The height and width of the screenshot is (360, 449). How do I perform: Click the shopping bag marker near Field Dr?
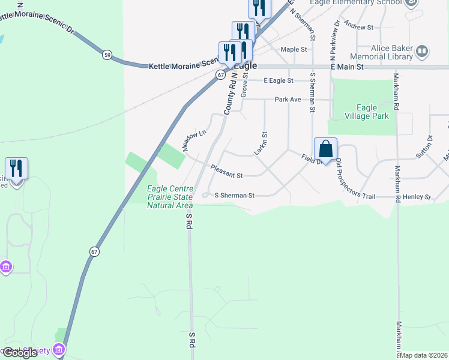(x=325, y=149)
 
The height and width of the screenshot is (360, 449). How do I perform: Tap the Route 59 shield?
(x=107, y=55)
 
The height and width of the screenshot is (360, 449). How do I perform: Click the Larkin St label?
(x=261, y=144)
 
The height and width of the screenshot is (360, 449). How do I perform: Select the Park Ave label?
(x=288, y=99)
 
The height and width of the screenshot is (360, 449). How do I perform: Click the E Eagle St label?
(x=278, y=80)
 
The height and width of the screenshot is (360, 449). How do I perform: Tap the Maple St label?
(x=294, y=49)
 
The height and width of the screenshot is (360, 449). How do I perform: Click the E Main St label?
(x=348, y=67)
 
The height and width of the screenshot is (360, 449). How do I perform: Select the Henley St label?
(x=420, y=197)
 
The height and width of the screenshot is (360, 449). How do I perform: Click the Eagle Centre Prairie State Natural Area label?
(x=170, y=197)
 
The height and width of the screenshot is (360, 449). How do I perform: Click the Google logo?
(x=20, y=353)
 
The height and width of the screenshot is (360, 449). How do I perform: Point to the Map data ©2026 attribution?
(x=423, y=355)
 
